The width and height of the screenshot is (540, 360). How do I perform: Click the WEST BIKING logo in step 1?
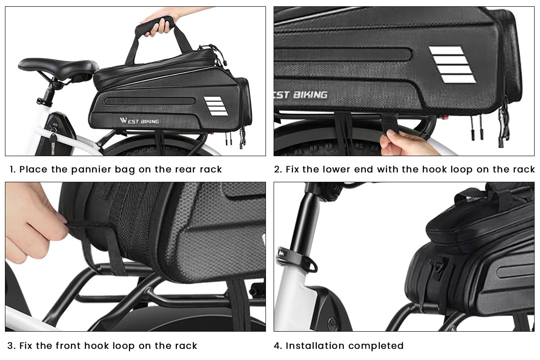(x=139, y=121)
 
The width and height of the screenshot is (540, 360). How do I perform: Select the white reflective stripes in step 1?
(x=216, y=106)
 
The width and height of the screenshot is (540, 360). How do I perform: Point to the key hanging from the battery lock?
(x=53, y=142)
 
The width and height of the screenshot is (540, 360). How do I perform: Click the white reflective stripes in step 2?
(x=452, y=64)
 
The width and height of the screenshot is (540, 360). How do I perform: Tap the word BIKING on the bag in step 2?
(x=310, y=94)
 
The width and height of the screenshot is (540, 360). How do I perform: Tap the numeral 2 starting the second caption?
(x=277, y=169)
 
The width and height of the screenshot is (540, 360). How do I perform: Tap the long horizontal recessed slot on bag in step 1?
(x=149, y=101)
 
